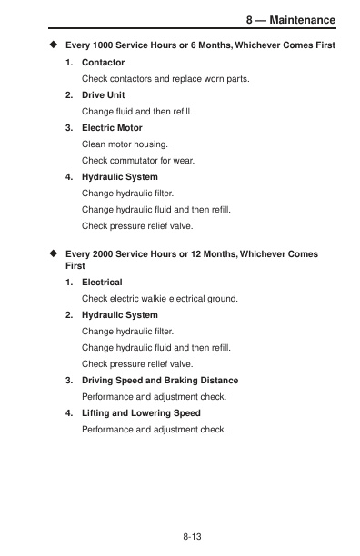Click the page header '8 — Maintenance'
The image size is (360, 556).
[290, 20]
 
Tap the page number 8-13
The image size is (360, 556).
[192, 539]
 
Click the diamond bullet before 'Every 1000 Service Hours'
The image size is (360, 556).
[54, 45]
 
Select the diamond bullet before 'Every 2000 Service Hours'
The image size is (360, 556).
[54, 254]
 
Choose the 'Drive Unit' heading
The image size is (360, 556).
[103, 94]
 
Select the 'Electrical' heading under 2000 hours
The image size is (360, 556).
[102, 282]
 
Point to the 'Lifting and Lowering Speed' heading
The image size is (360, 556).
[141, 412]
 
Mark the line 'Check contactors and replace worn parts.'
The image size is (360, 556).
[165, 78]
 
